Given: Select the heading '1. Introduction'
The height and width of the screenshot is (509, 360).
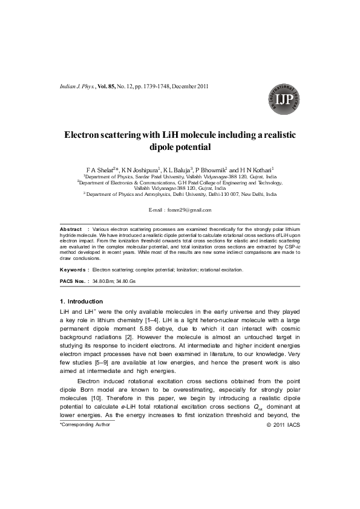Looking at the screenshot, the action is point(81,301).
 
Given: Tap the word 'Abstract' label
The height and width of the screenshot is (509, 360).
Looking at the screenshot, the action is point(71,230).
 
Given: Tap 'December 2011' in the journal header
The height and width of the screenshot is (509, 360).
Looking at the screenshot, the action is point(191,86).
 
